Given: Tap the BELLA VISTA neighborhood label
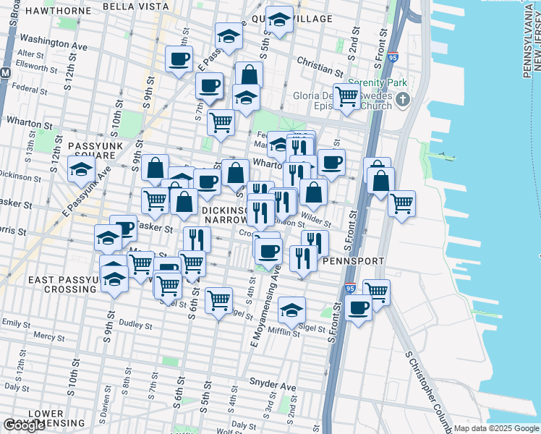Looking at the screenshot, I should point(135,6).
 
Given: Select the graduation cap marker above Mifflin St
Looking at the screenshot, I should point(291,310).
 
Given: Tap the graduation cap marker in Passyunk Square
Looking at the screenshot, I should point(81,170).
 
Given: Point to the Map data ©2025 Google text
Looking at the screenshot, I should point(495,428).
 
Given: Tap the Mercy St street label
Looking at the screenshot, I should point(48,336).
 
